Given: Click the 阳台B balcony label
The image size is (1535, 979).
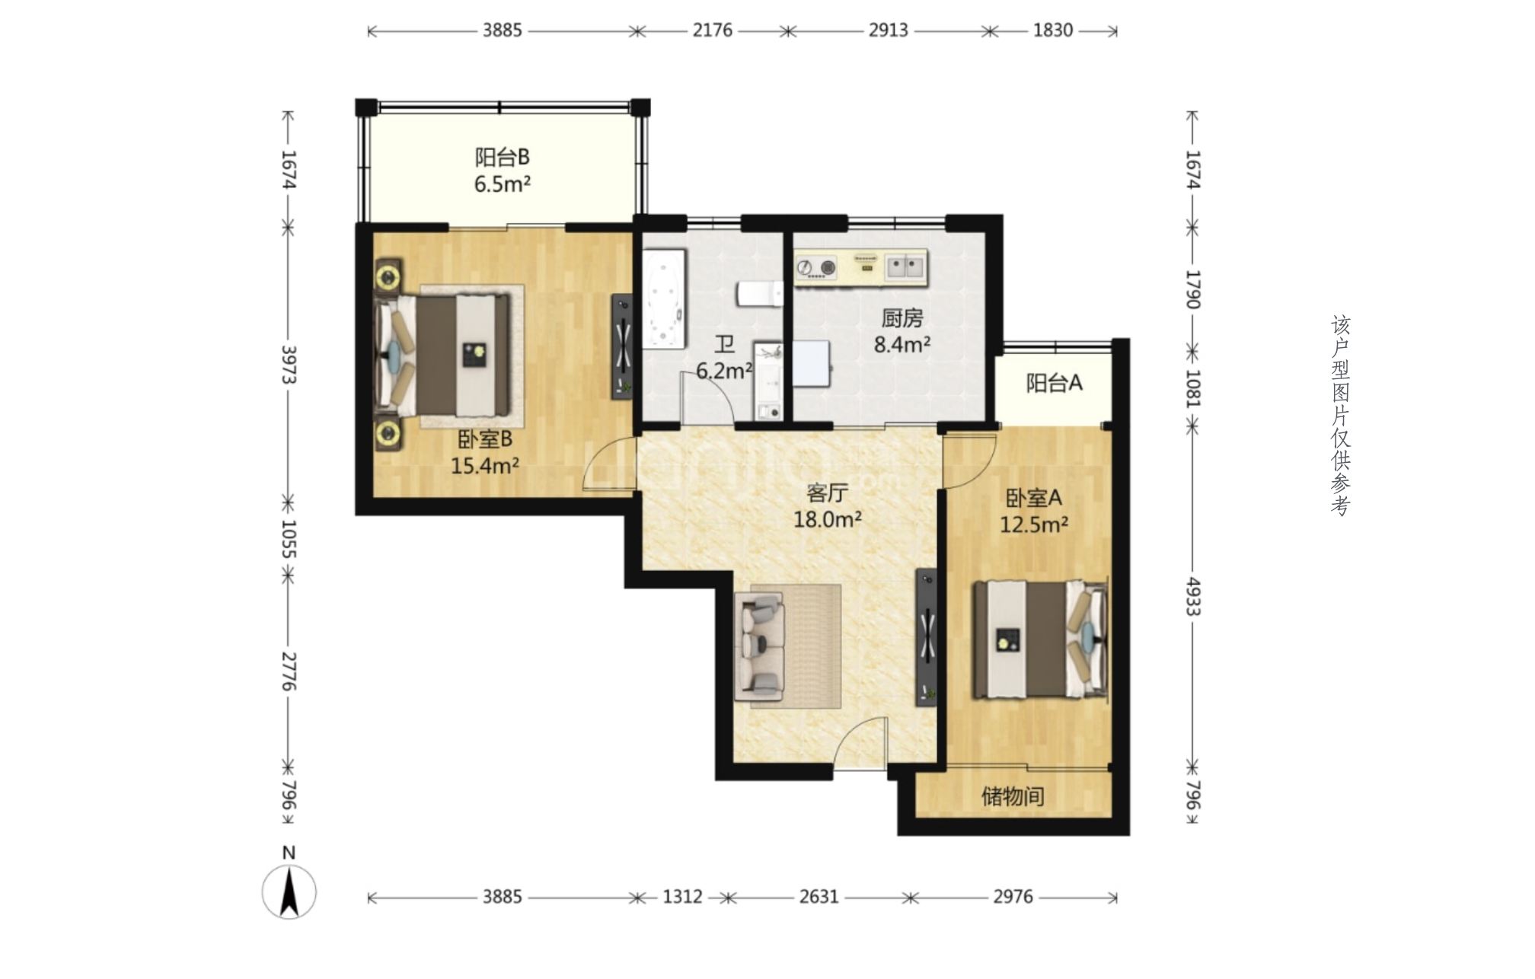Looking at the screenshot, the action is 502,158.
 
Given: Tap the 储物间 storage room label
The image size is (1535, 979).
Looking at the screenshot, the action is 1013,796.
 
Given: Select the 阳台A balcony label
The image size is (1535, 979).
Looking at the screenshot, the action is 1054,383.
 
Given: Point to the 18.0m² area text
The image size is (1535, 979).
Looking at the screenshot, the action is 828,520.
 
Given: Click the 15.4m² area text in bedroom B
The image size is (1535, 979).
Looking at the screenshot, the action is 485,466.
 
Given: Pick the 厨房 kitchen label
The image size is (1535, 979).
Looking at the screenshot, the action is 902,317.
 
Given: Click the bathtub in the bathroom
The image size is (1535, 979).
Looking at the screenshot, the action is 663,299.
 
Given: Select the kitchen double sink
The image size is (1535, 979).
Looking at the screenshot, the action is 905,266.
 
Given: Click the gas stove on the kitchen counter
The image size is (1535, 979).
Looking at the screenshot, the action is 816,267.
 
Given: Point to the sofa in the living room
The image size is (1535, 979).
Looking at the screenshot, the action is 759,647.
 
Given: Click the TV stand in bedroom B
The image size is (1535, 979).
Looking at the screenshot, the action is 623,346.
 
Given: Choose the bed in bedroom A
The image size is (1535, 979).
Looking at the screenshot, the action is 1040,639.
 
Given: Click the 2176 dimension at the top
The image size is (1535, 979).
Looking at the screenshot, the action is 713,30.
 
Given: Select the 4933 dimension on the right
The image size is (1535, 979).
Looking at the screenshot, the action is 1193,597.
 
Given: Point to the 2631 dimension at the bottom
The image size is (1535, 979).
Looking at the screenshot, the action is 819,897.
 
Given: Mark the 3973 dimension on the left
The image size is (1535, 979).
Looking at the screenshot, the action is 289,365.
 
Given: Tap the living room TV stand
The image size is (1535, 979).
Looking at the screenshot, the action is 926,637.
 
